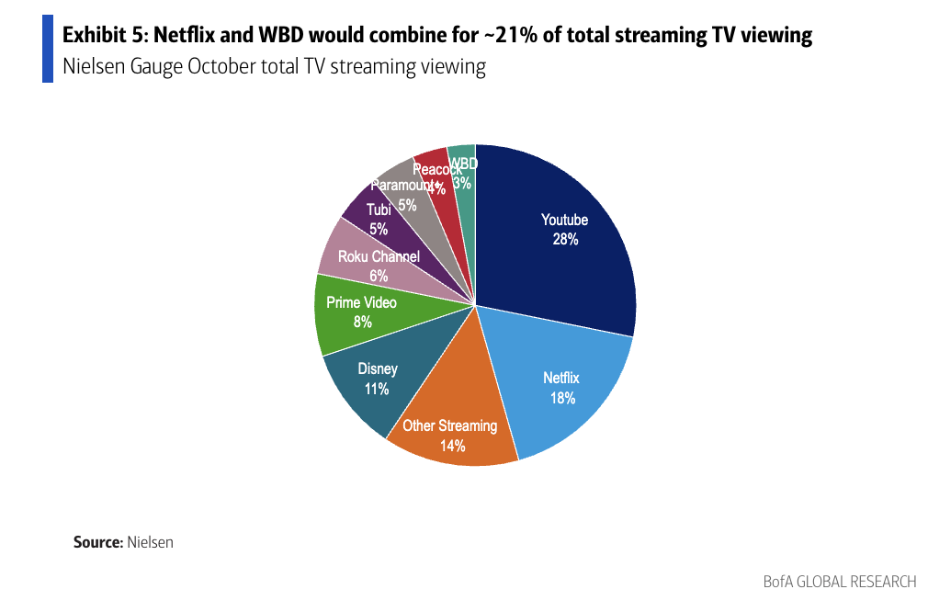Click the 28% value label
pyautogui.click(x=565, y=240)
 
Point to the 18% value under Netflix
pyautogui.click(x=563, y=398)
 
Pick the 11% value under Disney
pyautogui.click(x=377, y=389)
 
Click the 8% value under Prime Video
pyautogui.click(x=362, y=322)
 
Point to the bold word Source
pyautogui.click(x=97, y=542)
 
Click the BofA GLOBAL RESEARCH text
pyautogui.click(x=839, y=582)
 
